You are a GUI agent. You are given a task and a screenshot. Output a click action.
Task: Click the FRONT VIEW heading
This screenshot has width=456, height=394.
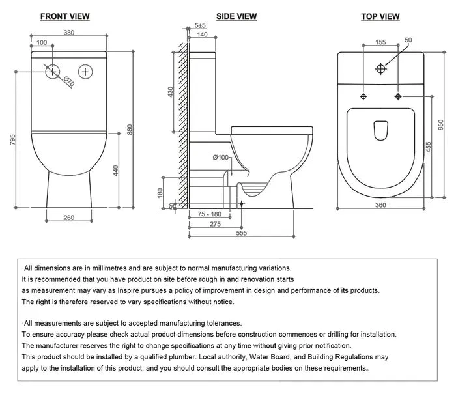(64, 16)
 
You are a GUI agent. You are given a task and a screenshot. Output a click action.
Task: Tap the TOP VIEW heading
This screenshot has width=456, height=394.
(380, 16)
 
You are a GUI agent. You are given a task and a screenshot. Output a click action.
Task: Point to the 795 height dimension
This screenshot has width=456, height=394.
(14, 141)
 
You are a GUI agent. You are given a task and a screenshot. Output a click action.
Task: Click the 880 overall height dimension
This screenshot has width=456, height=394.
(136, 130)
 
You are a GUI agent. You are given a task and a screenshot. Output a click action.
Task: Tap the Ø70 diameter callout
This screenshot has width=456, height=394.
(68, 83)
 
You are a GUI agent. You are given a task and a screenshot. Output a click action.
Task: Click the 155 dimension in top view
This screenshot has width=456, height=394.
(380, 42)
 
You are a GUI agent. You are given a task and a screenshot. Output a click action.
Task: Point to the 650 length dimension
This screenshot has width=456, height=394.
(440, 124)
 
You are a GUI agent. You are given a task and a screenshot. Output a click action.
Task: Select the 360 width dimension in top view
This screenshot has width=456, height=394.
(380, 206)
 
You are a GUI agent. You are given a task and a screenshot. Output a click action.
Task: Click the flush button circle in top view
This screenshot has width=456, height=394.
(381, 68)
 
